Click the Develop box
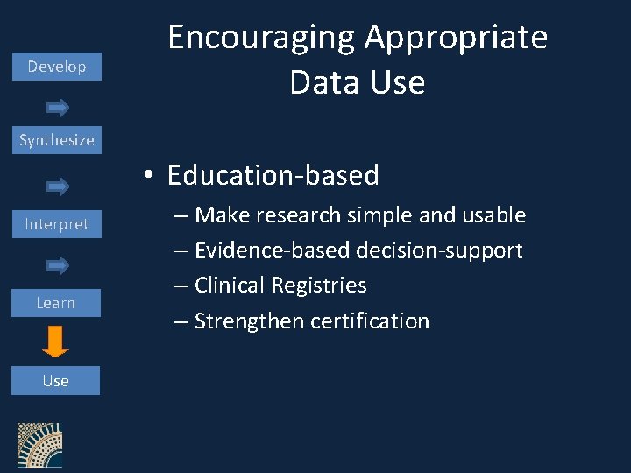(56, 67)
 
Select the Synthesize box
(56, 139)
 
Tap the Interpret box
(56, 224)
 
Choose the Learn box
(56, 303)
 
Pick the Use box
(56, 381)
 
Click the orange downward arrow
(55, 342)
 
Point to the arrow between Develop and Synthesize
(58, 108)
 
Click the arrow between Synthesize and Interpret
(58, 186)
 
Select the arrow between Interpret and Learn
(58, 265)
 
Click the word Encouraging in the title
(260, 39)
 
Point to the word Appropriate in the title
(456, 39)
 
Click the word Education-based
(273, 175)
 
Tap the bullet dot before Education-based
(151, 176)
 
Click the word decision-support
(439, 251)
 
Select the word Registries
(319, 286)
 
